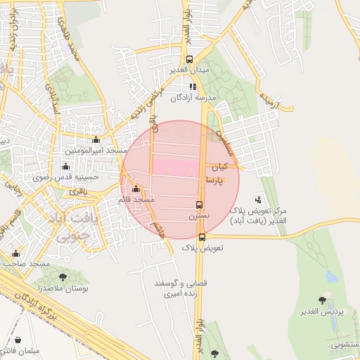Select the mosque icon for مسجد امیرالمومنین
coord(96,140)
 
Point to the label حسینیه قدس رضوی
coord(66,178)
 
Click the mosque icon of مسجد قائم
coord(136,189)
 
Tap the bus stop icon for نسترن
coord(200,205)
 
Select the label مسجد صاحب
coord(26,263)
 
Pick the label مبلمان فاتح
coord(23,349)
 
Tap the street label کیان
coord(220,167)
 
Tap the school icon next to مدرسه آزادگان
coord(193,86)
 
